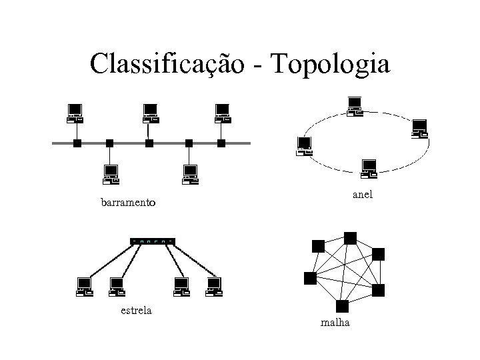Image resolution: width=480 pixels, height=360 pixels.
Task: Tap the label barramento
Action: tap(128, 201)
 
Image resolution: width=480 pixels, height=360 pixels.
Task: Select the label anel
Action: tap(363, 195)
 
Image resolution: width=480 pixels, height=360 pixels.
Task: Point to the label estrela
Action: tap(136, 309)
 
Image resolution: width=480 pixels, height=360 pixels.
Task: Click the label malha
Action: tap(339, 323)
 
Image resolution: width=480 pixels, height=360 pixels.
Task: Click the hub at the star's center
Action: tap(153, 240)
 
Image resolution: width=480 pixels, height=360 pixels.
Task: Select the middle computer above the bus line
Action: tap(150, 114)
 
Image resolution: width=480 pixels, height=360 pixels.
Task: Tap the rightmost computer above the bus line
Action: tap(222, 114)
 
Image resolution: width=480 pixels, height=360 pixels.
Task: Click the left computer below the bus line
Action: tap(110, 174)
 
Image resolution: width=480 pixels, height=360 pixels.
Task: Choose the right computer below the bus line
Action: tap(191, 174)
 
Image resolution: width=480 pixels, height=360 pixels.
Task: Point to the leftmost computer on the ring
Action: tap(304, 146)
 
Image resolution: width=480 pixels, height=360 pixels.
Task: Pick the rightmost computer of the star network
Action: tap(213, 286)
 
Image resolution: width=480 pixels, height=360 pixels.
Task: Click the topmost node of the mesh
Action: tap(350, 238)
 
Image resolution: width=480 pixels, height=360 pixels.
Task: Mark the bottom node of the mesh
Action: tap(343, 307)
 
